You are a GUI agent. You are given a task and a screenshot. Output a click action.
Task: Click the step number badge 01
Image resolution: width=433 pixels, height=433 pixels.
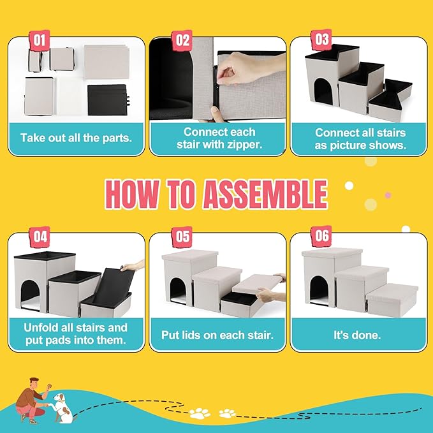pyautogui.click(x=40, y=40)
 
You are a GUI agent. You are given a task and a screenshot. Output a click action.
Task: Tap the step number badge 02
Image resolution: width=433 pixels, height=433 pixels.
pyautogui.click(x=183, y=40)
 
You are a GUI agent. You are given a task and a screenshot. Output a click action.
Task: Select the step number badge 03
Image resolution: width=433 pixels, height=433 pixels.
pyautogui.click(x=321, y=40)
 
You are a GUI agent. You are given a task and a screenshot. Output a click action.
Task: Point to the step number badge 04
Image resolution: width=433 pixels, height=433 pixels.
pyautogui.click(x=40, y=236)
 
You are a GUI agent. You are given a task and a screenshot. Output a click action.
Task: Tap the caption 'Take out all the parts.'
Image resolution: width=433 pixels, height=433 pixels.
pyautogui.click(x=76, y=137)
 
